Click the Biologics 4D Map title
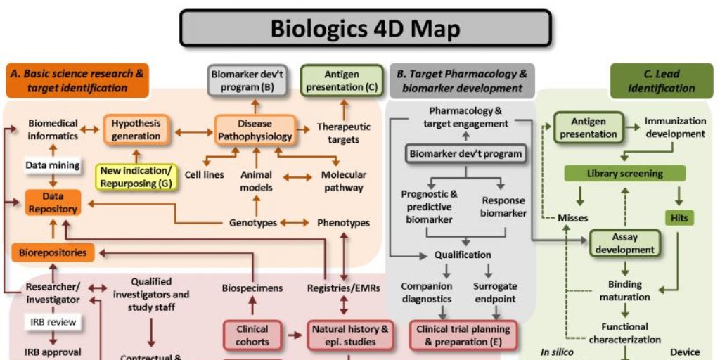[365, 29]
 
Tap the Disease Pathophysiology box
[255, 130]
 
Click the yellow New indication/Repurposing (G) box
[136, 176]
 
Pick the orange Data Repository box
[53, 202]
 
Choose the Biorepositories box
[53, 252]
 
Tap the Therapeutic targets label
[343, 133]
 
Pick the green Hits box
[679, 218]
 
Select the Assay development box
[624, 243]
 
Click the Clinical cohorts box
[252, 335]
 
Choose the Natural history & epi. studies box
[350, 335]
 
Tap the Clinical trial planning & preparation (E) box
[463, 335]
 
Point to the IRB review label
[53, 322]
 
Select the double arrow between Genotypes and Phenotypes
[295, 222]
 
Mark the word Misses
[572, 218]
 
